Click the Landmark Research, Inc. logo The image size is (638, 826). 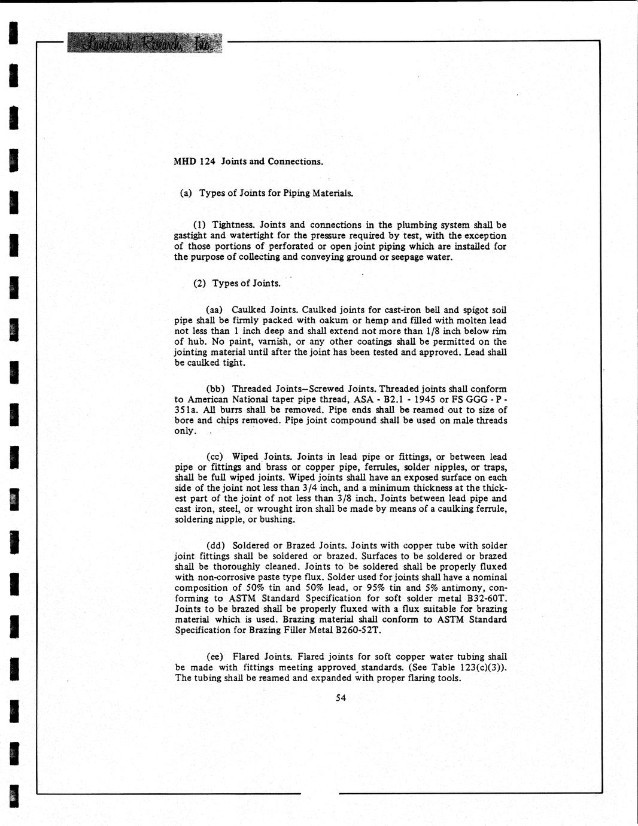tap(144, 42)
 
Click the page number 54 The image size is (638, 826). tap(341, 697)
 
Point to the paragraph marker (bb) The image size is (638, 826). tap(215, 389)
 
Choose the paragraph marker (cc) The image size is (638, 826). tap(215, 457)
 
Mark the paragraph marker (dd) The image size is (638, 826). tap(215, 546)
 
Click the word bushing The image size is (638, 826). tap(277, 520)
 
